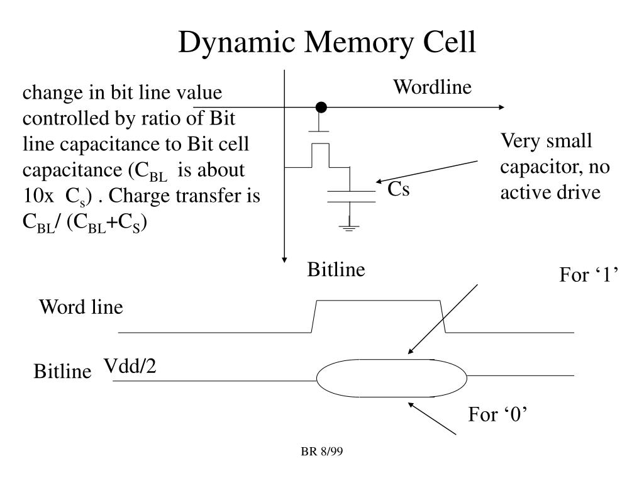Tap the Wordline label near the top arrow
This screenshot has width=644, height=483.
coord(432,87)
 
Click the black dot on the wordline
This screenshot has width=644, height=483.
coord(321,108)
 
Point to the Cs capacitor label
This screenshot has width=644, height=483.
coord(398,189)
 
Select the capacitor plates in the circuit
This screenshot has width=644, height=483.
coord(350,196)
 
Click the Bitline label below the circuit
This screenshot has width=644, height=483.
coord(336,270)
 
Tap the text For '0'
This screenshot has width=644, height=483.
coord(497,414)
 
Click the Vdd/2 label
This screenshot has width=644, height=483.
coord(130,365)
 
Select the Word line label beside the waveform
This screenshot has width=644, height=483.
coord(81,308)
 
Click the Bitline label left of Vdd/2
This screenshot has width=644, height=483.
coord(62,372)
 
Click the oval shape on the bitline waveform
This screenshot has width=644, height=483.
coord(391,378)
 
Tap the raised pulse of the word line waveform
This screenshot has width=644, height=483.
coord(378,301)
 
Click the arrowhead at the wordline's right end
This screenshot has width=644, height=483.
coord(501,108)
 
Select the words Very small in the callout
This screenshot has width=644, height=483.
coord(546,140)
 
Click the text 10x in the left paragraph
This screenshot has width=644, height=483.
coord(38,196)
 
